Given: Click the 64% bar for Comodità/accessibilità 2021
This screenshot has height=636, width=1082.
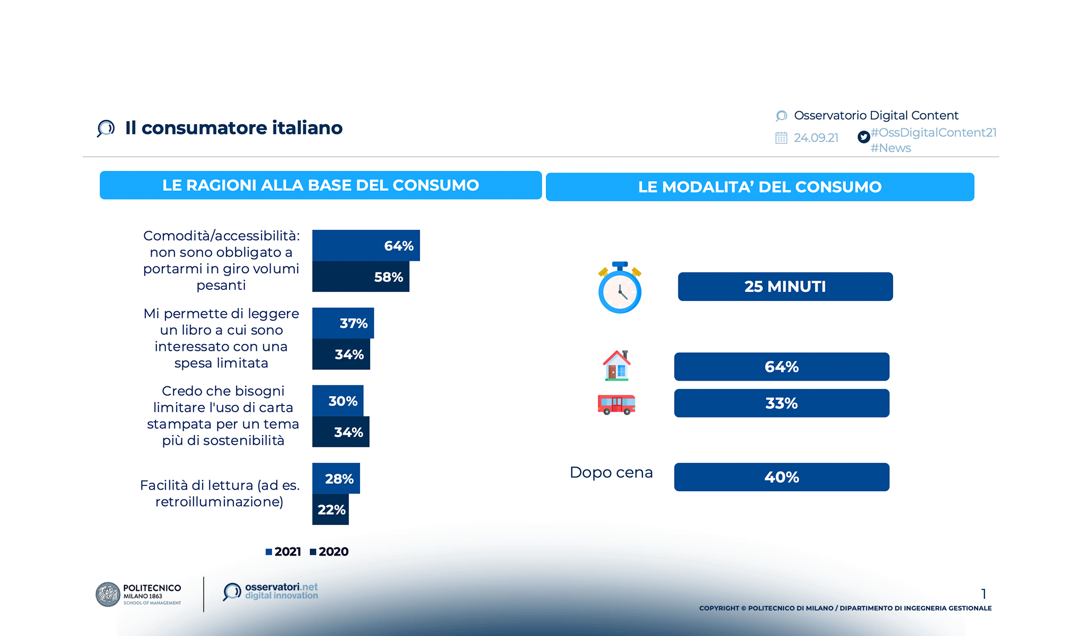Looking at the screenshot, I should [366, 245].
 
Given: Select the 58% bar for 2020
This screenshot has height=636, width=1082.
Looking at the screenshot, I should [361, 277].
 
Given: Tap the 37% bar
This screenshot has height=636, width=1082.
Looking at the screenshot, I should [343, 323].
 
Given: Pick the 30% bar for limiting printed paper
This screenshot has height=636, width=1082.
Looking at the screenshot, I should [338, 401].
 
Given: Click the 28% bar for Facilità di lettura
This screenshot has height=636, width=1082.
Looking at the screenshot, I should [336, 479].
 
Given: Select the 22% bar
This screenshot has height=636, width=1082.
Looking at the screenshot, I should [330, 510].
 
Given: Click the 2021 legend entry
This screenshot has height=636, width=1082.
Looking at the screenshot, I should [283, 552].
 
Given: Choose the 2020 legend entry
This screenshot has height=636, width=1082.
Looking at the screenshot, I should [329, 552].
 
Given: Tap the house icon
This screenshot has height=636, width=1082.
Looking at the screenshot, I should [616, 366].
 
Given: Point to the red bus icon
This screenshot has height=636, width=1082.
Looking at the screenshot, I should [616, 404].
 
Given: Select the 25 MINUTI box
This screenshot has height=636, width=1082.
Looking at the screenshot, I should [785, 287].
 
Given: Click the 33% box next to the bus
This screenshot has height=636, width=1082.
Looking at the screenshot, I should [781, 403].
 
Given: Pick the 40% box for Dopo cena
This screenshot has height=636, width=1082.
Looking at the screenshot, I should [781, 477].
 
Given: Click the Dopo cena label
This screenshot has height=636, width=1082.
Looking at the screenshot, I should [611, 472].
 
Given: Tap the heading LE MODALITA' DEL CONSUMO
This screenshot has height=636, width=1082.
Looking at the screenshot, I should [760, 187].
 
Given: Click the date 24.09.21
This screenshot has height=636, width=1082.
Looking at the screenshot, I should [816, 138].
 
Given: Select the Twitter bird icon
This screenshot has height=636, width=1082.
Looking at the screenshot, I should [863, 137].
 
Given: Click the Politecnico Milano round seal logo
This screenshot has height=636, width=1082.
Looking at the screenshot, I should [108, 594].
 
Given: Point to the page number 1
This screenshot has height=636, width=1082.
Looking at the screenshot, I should [983, 594].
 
